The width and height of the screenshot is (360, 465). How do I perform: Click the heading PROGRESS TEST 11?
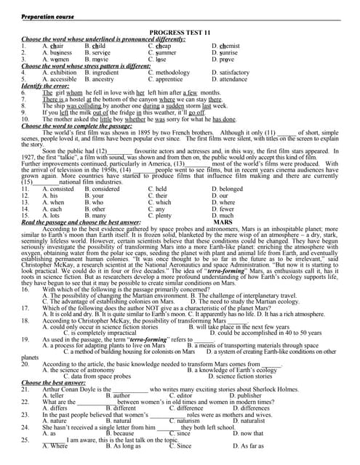(x=180, y=33)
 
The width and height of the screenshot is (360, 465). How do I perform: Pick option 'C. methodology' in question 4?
(x=169, y=73)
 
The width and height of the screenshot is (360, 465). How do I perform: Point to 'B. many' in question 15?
(x=95, y=216)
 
